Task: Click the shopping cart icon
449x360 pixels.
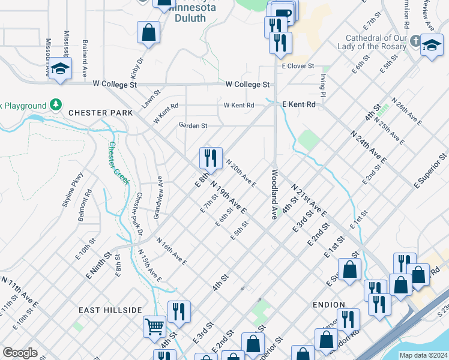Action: pyautogui.click(x=155, y=327)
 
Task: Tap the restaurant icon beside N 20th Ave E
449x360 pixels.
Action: pyautogui.click(x=211, y=158)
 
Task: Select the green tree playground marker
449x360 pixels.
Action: pyautogui.click(x=56, y=106)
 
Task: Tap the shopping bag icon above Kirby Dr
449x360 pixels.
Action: pyautogui.click(x=148, y=32)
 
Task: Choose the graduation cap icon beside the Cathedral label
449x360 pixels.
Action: pyautogui.click(x=432, y=46)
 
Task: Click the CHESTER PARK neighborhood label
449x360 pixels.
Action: pyautogui.click(x=100, y=113)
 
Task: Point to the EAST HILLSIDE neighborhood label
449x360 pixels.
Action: pyautogui.click(x=110, y=310)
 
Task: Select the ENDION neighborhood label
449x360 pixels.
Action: pyautogui.click(x=329, y=305)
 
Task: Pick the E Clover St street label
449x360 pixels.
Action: pyautogui.click(x=298, y=65)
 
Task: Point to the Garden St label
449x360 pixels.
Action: pyautogui.click(x=193, y=125)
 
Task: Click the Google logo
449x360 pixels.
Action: pyautogui.click(x=20, y=353)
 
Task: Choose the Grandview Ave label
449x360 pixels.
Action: pyautogui.click(x=158, y=197)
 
